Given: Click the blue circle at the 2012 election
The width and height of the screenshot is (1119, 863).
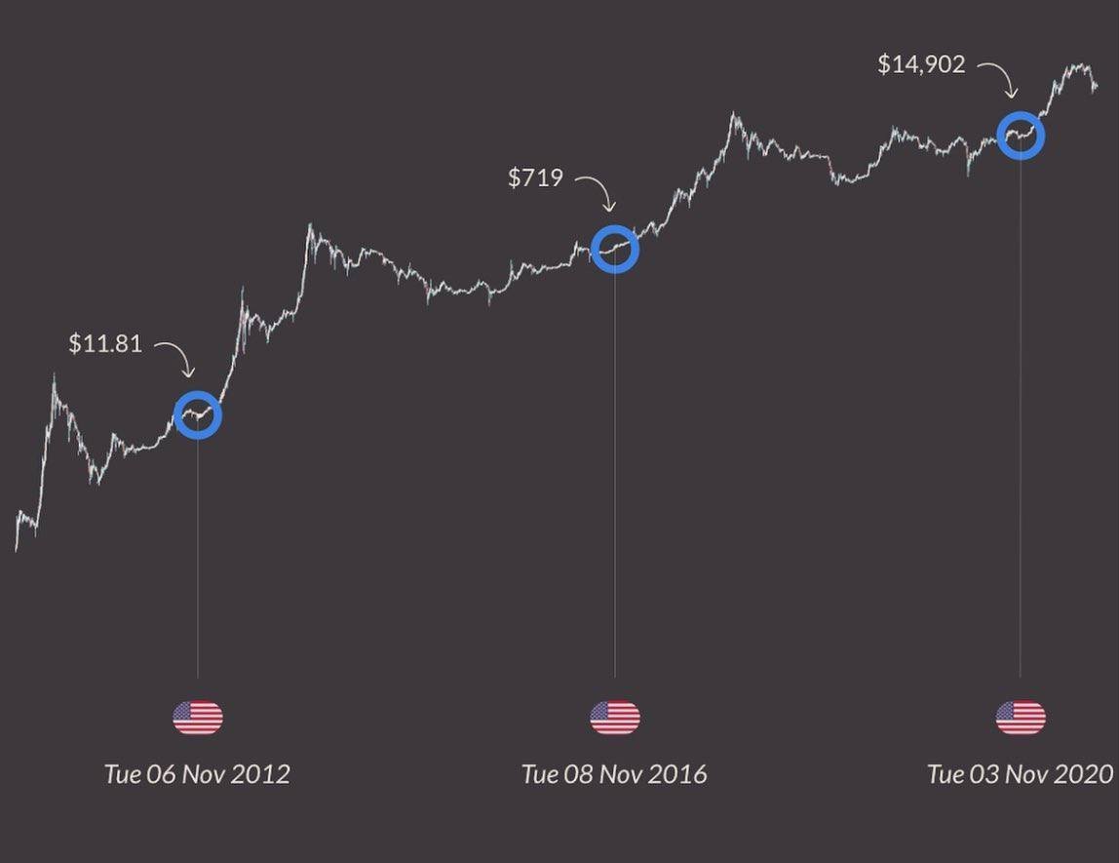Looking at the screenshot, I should click(198, 415).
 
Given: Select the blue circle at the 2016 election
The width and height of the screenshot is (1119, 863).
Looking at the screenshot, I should click(615, 250).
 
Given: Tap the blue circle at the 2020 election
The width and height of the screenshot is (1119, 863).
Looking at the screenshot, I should click(1021, 136).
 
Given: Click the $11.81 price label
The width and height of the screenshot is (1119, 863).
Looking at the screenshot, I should click(105, 343).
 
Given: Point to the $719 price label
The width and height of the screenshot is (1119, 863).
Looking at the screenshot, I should click(535, 177).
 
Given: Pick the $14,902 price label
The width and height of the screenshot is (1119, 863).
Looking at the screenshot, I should click(921, 64).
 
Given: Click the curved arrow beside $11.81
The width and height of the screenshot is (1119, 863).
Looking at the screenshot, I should click(176, 358).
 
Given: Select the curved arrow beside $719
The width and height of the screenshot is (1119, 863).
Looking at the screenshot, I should click(596, 191).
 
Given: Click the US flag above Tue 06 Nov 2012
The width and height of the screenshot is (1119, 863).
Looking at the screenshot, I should click(198, 719).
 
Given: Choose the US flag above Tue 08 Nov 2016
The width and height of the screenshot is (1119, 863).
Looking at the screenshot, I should click(615, 719).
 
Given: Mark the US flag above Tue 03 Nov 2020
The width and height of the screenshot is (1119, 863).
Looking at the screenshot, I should click(1021, 719).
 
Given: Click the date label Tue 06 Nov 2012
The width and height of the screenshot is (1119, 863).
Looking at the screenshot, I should click(198, 774).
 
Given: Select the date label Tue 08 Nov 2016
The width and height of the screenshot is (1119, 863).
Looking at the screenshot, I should click(615, 774).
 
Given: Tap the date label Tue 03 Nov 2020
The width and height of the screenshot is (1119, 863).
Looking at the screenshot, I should click(1020, 774).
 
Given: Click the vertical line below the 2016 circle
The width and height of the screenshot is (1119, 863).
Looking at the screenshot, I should click(615, 468).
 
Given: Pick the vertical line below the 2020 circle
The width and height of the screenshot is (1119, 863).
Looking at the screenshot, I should click(1021, 410).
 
